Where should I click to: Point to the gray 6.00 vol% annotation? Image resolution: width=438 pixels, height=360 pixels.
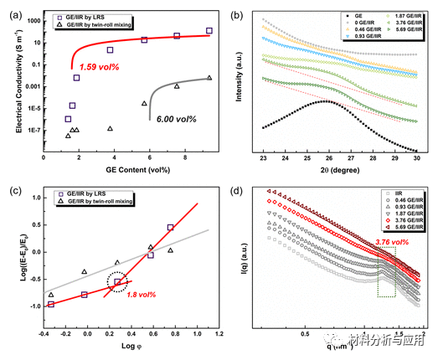[x=175, y=120]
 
